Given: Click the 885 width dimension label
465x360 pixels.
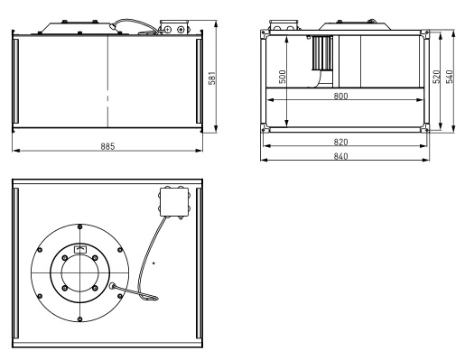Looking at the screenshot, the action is coord(107,146).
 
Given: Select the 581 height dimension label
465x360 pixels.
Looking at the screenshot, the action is coord(212,78).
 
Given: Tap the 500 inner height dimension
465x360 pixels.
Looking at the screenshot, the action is coord(283,77).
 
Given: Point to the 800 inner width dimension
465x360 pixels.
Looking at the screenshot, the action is coord(340,96).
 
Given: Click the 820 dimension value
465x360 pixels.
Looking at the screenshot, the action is coord(340,142).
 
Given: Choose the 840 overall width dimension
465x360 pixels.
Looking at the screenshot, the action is coord(340,156).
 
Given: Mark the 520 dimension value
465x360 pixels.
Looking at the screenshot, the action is coord(436,77).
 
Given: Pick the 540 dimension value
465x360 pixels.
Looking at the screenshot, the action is coord(449,77).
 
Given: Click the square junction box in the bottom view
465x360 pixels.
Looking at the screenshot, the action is coord(174,202).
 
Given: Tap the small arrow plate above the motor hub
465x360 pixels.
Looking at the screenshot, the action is coord(79,249).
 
